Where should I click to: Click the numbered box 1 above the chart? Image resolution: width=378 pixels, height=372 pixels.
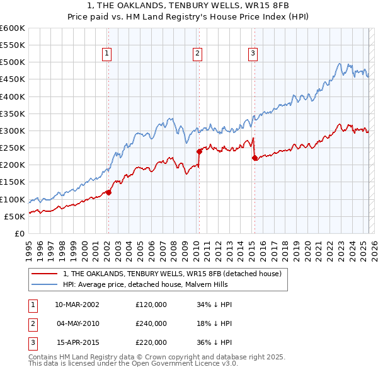coord(107,54)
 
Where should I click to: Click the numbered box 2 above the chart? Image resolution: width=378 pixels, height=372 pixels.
coord(197,54)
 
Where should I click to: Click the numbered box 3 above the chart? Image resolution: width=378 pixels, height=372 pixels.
coord(252,54)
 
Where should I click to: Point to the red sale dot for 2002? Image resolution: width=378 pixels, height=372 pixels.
coord(108,192)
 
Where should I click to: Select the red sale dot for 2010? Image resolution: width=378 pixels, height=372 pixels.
coord(199,151)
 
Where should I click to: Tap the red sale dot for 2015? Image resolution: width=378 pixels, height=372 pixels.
coord(255,158)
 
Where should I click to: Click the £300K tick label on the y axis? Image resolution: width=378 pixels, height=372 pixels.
coord(13,131)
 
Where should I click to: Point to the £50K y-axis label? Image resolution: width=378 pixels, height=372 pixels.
coord(15,216)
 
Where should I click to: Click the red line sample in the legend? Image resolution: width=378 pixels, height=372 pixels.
coord(45,274)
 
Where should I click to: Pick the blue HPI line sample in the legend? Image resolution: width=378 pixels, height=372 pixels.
coord(45,284)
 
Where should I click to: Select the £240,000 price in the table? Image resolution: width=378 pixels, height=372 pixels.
coord(151,323)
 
